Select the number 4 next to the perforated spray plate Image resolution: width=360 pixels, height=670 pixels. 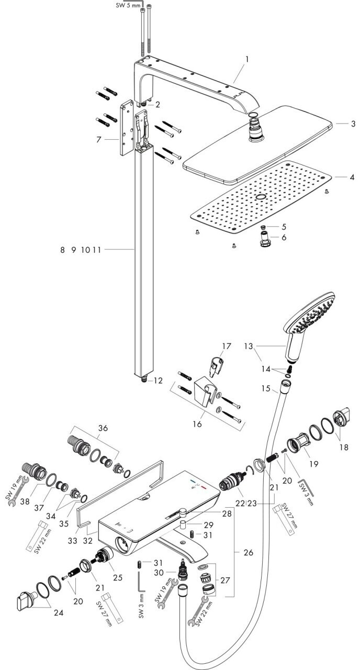pyautogui.click(x=352, y=177)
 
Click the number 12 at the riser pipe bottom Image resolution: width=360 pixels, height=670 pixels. pyautogui.click(x=159, y=381)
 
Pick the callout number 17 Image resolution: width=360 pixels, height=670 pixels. pyautogui.click(x=226, y=346)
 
